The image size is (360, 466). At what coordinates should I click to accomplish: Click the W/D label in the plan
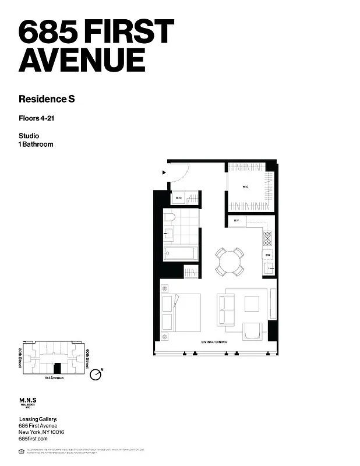pos(179,199)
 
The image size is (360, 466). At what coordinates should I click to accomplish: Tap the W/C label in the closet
pos(246,187)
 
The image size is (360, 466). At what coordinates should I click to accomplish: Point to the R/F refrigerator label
pos(237,221)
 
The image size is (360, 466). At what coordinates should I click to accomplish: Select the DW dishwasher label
pos(268,255)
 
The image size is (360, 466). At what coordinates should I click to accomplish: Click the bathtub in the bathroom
pos(179,253)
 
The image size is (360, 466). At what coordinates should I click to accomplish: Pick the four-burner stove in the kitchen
pos(268,238)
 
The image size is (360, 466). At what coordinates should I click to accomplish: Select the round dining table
pos(231,262)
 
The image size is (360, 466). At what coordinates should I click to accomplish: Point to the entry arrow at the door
pos(165,172)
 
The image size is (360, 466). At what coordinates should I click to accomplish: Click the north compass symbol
pos(97,373)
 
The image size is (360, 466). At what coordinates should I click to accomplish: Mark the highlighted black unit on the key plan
pos(56,368)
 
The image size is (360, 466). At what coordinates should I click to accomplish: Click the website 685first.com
pos(33,439)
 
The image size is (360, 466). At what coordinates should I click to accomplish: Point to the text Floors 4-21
pos(38,118)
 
